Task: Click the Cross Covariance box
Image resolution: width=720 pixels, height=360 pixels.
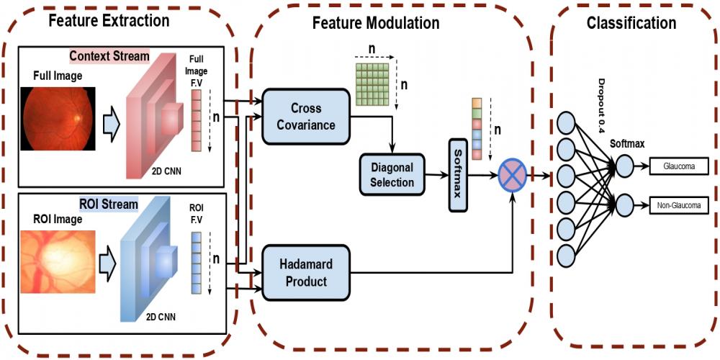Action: point(306,115)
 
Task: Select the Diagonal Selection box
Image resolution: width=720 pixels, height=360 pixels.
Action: point(392,175)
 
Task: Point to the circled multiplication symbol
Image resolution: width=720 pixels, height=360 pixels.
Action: point(512,175)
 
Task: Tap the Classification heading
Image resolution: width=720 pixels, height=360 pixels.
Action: point(631,22)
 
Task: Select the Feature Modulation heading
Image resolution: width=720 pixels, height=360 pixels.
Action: point(375,22)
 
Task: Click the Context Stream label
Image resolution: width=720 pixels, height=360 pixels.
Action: point(109,55)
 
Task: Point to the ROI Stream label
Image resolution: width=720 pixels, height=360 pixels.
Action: point(109,204)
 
